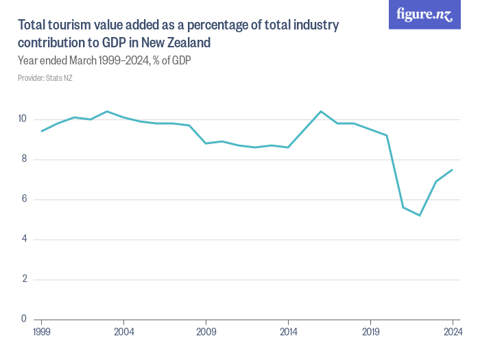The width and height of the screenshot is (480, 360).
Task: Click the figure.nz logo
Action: (425, 15)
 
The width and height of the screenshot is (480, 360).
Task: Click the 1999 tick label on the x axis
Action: (41, 333)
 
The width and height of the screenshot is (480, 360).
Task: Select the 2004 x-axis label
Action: (123, 333)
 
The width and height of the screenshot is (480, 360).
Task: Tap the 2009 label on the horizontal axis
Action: (206, 333)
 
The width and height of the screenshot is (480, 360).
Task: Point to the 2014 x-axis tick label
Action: (288, 333)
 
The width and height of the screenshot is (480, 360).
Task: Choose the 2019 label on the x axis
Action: (370, 333)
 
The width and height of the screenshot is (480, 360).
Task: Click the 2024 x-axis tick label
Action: (453, 333)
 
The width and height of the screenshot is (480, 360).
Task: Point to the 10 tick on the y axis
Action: (22, 119)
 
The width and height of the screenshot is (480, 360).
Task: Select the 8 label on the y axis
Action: (23, 160)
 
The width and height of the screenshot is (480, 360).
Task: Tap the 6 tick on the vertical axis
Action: (23, 200)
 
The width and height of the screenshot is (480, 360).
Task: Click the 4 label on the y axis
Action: (23, 239)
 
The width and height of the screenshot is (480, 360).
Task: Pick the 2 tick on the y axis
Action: (23, 279)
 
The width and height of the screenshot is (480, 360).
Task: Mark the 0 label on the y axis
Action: (23, 319)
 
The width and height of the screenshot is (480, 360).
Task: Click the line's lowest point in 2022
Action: (420, 215)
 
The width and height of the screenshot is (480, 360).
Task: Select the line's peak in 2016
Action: (321, 111)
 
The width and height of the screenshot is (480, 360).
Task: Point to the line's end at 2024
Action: (453, 169)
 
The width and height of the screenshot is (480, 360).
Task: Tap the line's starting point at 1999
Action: (41, 131)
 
